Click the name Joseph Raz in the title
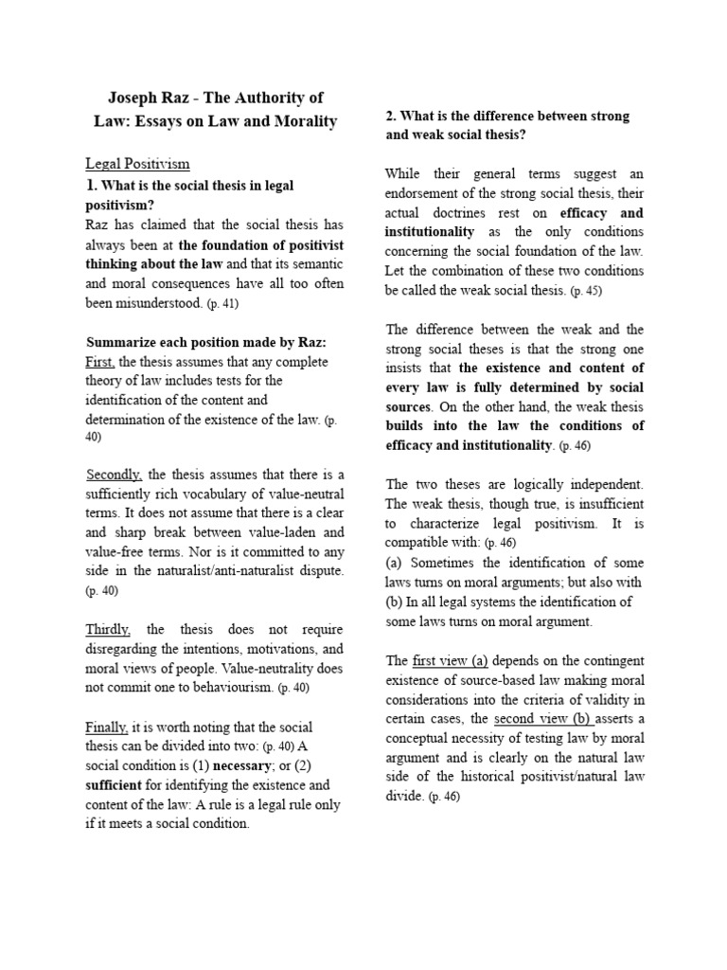tap(147, 98)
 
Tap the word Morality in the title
tap(299, 122)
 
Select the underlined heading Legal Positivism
tap(138, 165)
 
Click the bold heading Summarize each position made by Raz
tap(205, 342)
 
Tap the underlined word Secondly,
tap(115, 475)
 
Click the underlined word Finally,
tap(107, 727)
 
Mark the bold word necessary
tap(244, 765)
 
